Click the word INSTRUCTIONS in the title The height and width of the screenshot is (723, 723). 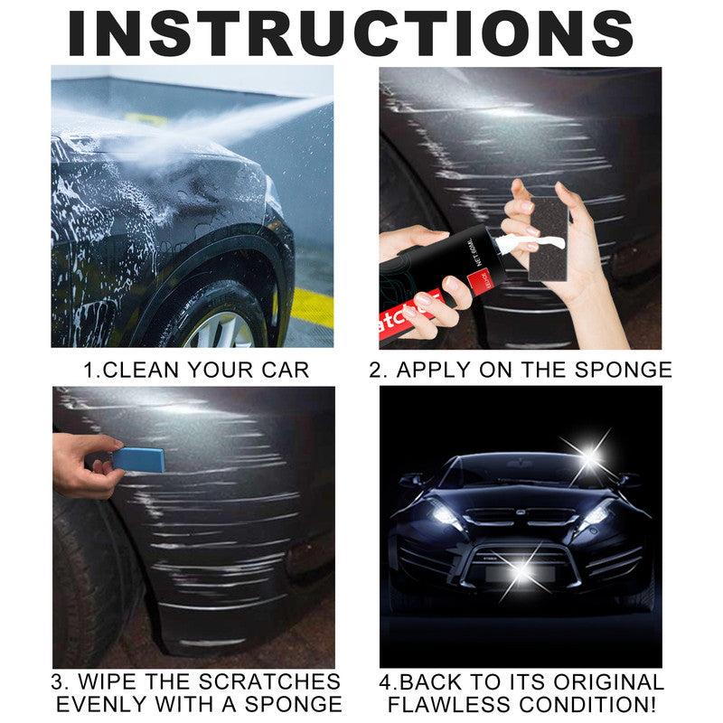(x=352, y=33)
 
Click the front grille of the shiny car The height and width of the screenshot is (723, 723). (x=521, y=520)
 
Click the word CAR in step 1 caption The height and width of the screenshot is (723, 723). (x=286, y=370)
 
